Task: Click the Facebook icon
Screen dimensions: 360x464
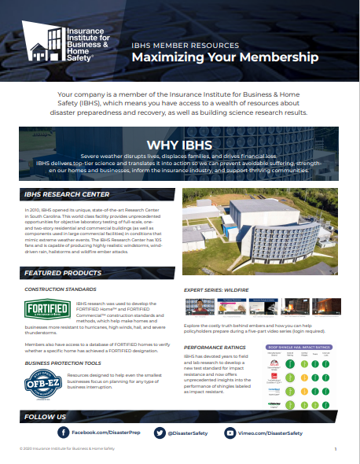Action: pos(63,433)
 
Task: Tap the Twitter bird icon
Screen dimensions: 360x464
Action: pos(160,433)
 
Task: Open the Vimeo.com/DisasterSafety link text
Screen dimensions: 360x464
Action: pos(270,433)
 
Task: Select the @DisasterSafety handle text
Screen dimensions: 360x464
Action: pos(189,433)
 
